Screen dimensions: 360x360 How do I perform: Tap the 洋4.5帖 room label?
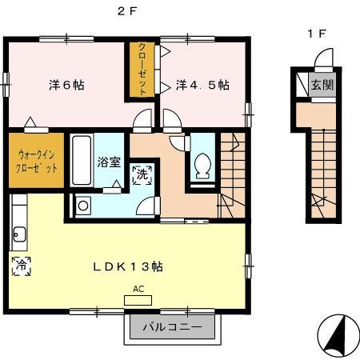click(203, 84)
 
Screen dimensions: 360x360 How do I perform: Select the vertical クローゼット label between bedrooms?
click(142, 70)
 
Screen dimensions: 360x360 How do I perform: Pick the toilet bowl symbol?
click(203, 167)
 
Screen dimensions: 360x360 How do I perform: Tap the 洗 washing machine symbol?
click(141, 174)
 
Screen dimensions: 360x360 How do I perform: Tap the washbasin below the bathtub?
click(83, 206)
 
